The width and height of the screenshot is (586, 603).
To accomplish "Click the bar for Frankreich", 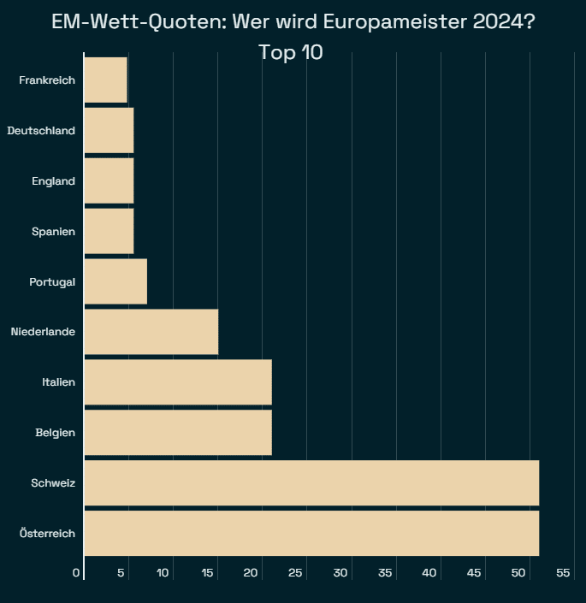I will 106,80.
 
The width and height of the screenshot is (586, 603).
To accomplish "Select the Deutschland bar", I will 109,131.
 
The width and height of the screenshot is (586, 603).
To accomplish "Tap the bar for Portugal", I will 115,281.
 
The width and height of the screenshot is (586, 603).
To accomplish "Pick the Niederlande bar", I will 151,331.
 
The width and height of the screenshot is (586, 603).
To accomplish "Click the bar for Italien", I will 178,381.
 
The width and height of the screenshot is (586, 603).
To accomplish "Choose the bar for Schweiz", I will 311,482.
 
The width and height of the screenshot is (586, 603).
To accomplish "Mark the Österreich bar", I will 311,533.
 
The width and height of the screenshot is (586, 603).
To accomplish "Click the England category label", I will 53,181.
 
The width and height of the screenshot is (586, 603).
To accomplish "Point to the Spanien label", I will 53,232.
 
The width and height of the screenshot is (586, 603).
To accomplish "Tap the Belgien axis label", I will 55,433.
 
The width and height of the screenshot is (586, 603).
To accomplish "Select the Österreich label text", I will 47,534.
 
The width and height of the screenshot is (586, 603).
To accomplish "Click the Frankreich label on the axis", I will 47,80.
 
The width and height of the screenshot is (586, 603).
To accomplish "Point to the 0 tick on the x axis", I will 76,572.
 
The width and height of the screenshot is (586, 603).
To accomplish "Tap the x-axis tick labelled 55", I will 563,572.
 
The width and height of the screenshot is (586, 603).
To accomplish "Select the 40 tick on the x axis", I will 430,572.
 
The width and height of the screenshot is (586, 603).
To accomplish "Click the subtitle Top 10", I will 291,52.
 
